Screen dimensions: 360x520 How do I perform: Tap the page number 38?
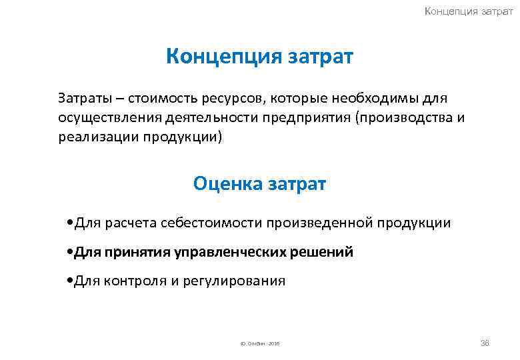coord(485,343)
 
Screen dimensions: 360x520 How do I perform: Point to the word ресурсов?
coord(231,99)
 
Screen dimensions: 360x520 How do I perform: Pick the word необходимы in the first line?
coord(373,99)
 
